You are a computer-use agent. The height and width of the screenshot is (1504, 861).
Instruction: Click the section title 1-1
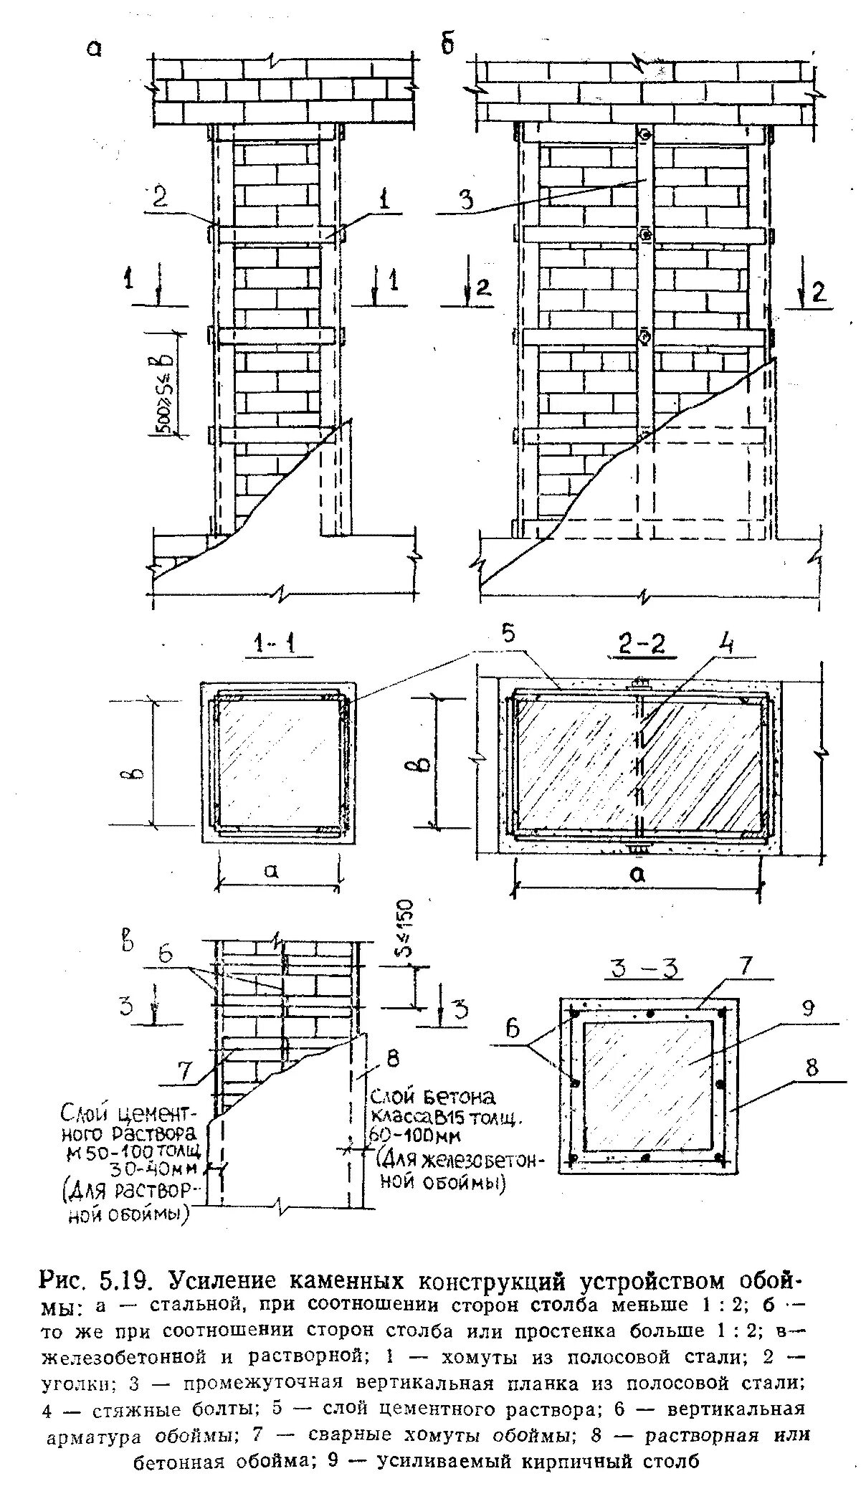[274, 646]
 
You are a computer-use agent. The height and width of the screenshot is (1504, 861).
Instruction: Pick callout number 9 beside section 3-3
[808, 1008]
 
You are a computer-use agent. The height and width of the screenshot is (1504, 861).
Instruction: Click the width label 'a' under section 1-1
[270, 870]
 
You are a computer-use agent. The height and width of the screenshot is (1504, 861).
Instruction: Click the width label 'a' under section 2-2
[637, 872]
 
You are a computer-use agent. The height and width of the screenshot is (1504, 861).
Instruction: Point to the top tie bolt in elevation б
[644, 134]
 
